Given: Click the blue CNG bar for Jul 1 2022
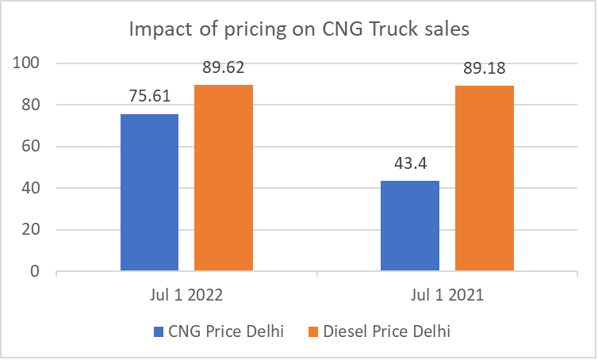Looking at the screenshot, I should tap(149, 193).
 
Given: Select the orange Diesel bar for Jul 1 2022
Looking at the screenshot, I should tap(223, 178).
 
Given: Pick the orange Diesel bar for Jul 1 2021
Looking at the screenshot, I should tap(484, 178).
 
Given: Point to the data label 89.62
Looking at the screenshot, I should tap(223, 68).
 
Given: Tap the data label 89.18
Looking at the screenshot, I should tap(484, 69).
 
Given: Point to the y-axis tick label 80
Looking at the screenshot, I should tap(30, 105).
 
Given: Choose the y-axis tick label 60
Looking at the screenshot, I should tap(30, 147).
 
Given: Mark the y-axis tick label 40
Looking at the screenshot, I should tap(30, 189).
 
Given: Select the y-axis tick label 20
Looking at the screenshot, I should tap(30, 230).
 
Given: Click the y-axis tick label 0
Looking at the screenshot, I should tap(34, 272).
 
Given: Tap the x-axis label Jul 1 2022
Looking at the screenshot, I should tap(186, 295).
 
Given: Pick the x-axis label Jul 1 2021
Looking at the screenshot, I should tap(447, 295).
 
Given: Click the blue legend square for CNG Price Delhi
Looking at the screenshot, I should tap(157, 331).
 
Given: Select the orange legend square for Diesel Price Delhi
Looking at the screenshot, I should tap(312, 331).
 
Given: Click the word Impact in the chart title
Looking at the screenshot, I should tap(160, 31).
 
